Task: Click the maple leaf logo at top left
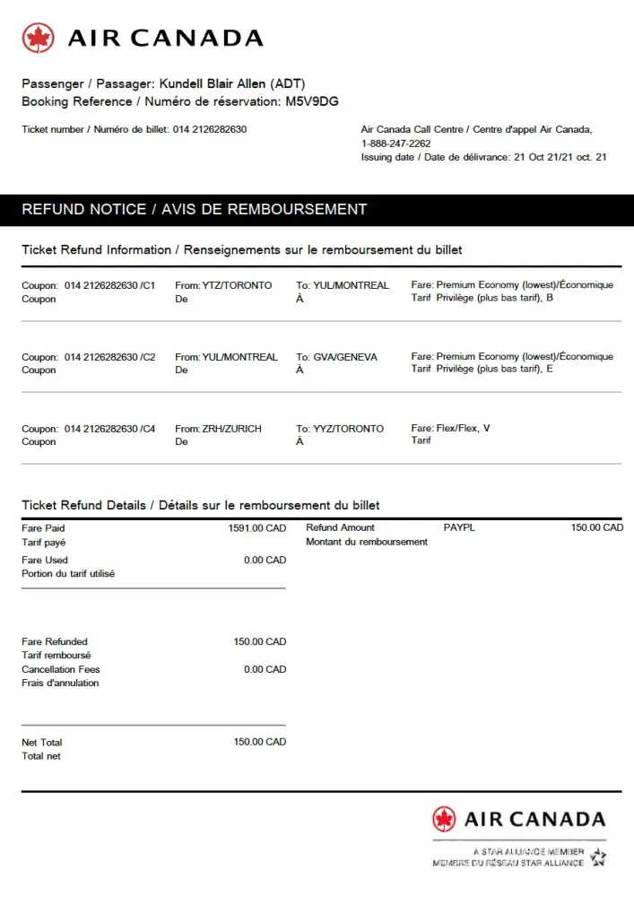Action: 39,38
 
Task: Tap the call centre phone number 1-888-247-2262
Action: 395,144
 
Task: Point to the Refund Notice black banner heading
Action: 194,209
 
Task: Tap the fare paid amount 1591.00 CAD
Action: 257,528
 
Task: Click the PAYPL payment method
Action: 459,527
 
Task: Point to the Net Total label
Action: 42,743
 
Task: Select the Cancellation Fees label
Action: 61,669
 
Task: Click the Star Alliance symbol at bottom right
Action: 598,858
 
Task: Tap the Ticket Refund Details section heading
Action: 200,505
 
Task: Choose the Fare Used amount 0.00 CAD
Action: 265,560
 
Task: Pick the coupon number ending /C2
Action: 109,357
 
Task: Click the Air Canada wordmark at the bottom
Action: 534,819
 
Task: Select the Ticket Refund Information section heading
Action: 241,249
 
